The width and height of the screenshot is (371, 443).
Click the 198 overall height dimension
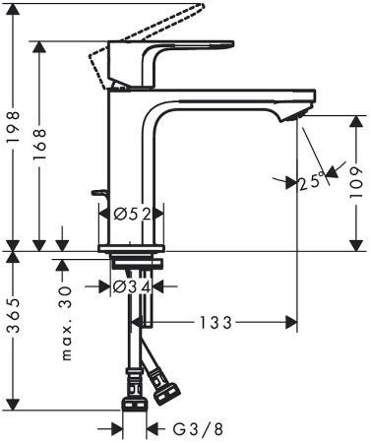(x=14, y=127)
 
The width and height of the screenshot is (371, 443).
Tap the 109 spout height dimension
(x=356, y=182)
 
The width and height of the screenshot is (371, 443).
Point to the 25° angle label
(x=311, y=181)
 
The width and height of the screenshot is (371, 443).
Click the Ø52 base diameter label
(x=132, y=215)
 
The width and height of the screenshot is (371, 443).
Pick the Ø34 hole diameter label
(x=132, y=287)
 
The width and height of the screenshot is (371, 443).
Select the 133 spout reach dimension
(x=216, y=323)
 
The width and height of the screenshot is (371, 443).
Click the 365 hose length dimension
(x=14, y=315)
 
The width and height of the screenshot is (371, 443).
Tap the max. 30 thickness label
(x=66, y=324)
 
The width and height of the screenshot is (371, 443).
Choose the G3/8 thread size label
(x=198, y=429)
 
